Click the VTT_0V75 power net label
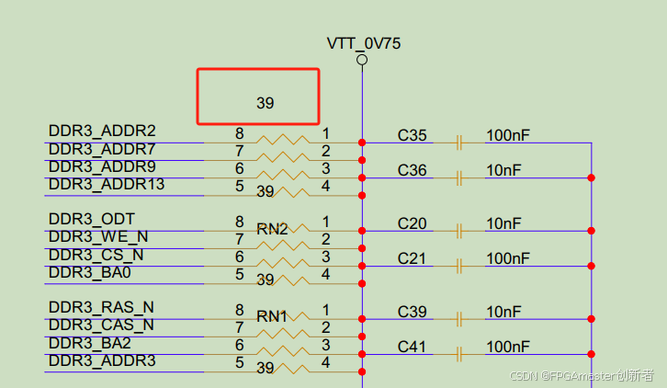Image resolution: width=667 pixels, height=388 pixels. (x=363, y=43)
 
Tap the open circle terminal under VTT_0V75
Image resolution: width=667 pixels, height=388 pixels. (x=362, y=60)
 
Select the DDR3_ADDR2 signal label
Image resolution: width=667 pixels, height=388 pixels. (x=102, y=131)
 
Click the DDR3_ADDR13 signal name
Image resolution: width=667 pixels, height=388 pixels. (x=107, y=185)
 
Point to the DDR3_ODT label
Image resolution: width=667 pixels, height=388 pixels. (x=92, y=220)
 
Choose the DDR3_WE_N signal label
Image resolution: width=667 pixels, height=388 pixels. (x=98, y=237)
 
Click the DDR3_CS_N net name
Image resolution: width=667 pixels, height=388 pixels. (x=96, y=255)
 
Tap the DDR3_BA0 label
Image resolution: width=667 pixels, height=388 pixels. (x=90, y=273)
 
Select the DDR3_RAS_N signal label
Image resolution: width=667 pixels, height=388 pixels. (x=101, y=307)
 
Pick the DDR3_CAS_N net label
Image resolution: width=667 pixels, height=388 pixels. (x=101, y=325)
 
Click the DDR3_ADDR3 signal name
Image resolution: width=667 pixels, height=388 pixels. (x=102, y=361)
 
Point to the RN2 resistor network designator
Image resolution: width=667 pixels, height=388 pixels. (x=273, y=229)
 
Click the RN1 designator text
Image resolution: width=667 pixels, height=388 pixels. (x=272, y=316)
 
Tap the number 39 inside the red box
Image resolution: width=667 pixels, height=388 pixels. (x=265, y=104)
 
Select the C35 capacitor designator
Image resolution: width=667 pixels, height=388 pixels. (x=413, y=136)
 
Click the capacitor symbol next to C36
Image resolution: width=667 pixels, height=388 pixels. (x=458, y=177)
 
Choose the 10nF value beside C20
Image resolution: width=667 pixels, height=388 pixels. (x=503, y=223)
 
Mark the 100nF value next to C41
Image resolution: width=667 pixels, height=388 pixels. (x=508, y=348)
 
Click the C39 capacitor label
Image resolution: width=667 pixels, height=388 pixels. (x=413, y=313)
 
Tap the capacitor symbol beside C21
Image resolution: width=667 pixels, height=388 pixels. (x=458, y=266)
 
